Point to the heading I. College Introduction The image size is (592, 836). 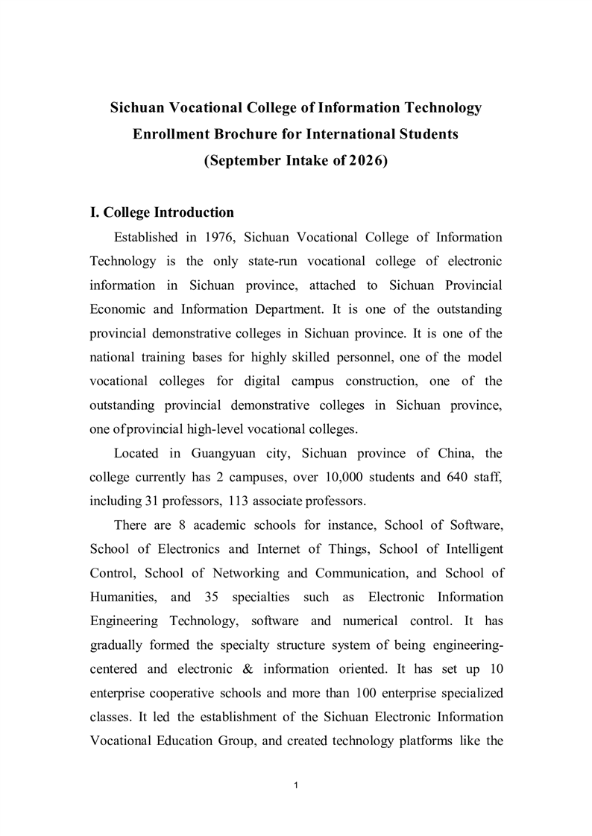click(x=162, y=212)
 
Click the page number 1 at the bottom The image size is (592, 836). click(x=296, y=785)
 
